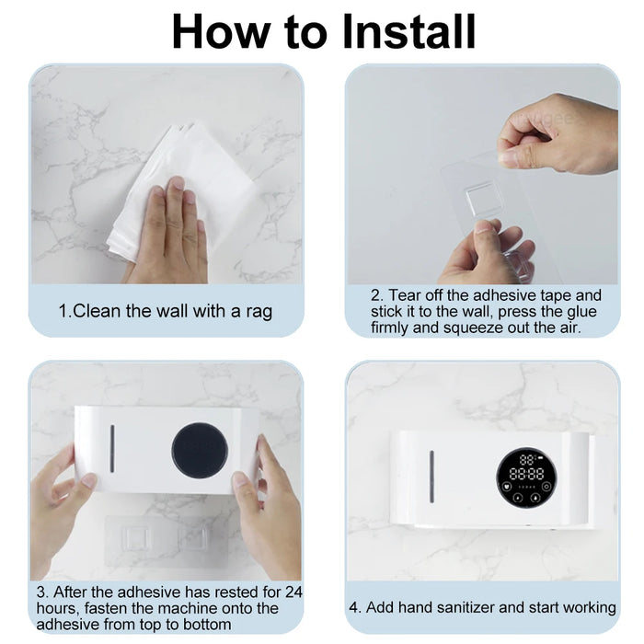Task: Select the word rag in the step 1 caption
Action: tap(259, 311)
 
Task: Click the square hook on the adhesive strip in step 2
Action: tap(479, 200)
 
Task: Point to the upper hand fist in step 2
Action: tap(559, 134)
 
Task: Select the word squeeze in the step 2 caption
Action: tap(473, 328)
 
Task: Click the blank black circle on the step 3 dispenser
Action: tap(200, 450)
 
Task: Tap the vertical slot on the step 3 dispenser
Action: tap(112, 449)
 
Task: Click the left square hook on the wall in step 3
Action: tap(133, 537)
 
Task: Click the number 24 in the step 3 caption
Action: tap(293, 592)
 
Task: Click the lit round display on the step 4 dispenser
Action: tap(527, 477)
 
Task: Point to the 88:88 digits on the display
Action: tap(527, 474)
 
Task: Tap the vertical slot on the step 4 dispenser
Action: tap(431, 477)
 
